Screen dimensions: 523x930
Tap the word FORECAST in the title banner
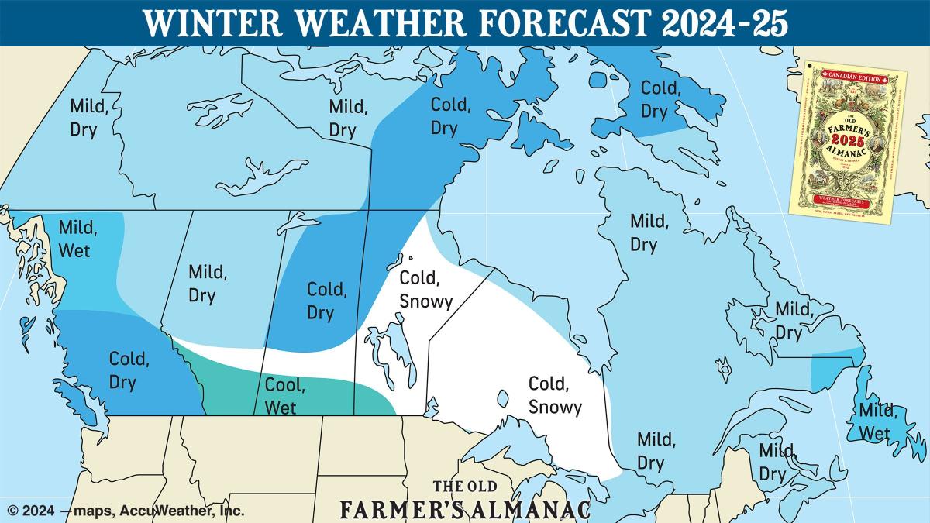(556, 23)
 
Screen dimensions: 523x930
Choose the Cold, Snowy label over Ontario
(555, 394)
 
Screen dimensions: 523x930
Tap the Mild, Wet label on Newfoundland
(874, 421)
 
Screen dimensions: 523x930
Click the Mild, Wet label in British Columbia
(78, 239)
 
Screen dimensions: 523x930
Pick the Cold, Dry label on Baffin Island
(660, 100)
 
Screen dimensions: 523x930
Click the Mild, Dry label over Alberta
(208, 284)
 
